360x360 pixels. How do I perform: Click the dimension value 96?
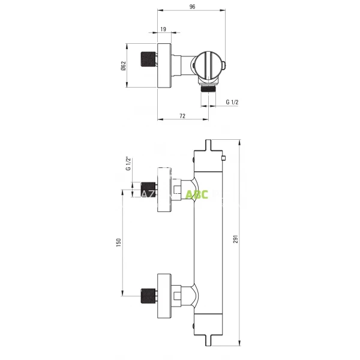pyautogui.click(x=192, y=7)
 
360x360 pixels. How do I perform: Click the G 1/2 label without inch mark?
pyautogui.click(x=232, y=103)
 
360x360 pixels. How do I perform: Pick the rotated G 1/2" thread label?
pyautogui.click(x=128, y=164)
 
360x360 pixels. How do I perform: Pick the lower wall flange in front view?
pyautogui.click(x=164, y=296)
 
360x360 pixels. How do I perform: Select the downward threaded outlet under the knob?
pyautogui.click(x=208, y=88)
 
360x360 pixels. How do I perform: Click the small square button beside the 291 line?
pyautogui.click(x=222, y=158)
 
